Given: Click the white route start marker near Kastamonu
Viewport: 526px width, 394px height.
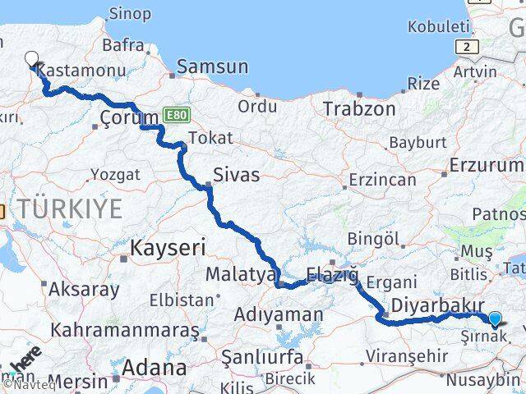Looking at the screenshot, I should point(32,59).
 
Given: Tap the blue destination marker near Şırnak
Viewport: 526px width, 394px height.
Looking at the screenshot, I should point(495,319).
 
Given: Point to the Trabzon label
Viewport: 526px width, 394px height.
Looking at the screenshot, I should point(359,108).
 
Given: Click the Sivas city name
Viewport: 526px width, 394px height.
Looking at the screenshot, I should point(236,175).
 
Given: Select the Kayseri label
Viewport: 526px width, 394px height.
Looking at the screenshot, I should point(168,246).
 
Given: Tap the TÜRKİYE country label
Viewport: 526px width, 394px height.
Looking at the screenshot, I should point(72,208).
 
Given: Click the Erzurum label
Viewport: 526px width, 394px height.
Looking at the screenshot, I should point(486,165).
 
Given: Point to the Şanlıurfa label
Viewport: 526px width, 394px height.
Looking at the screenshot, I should point(262,357).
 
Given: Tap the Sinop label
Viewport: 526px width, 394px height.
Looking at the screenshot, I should point(131,14).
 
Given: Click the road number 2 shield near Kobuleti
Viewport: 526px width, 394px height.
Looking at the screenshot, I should point(467,47).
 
